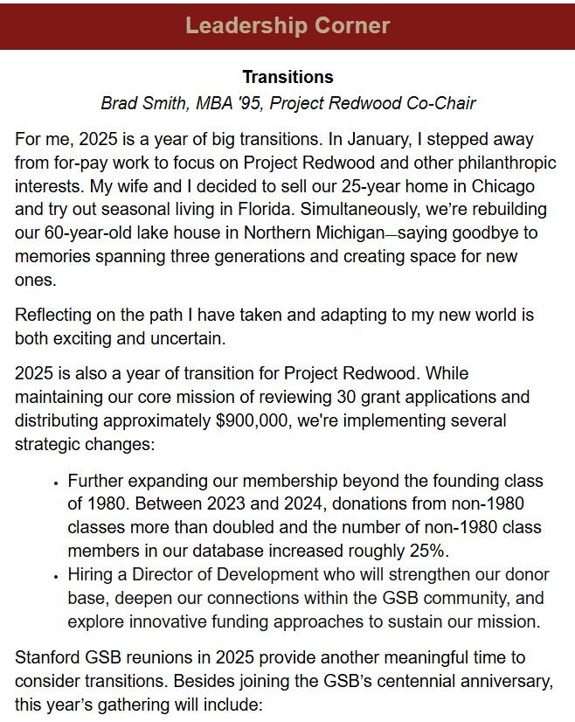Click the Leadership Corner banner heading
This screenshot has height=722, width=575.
[x=287, y=24]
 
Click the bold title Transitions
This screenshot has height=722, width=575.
[x=287, y=78]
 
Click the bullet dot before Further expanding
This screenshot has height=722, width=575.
[x=56, y=482]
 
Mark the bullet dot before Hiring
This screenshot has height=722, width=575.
[x=56, y=575]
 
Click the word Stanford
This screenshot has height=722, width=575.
[x=48, y=656]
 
